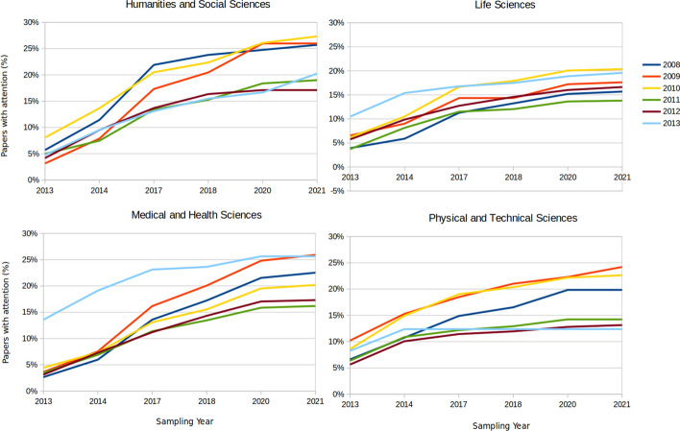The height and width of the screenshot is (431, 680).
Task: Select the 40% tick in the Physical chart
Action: pyautogui.click(x=338, y=236)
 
